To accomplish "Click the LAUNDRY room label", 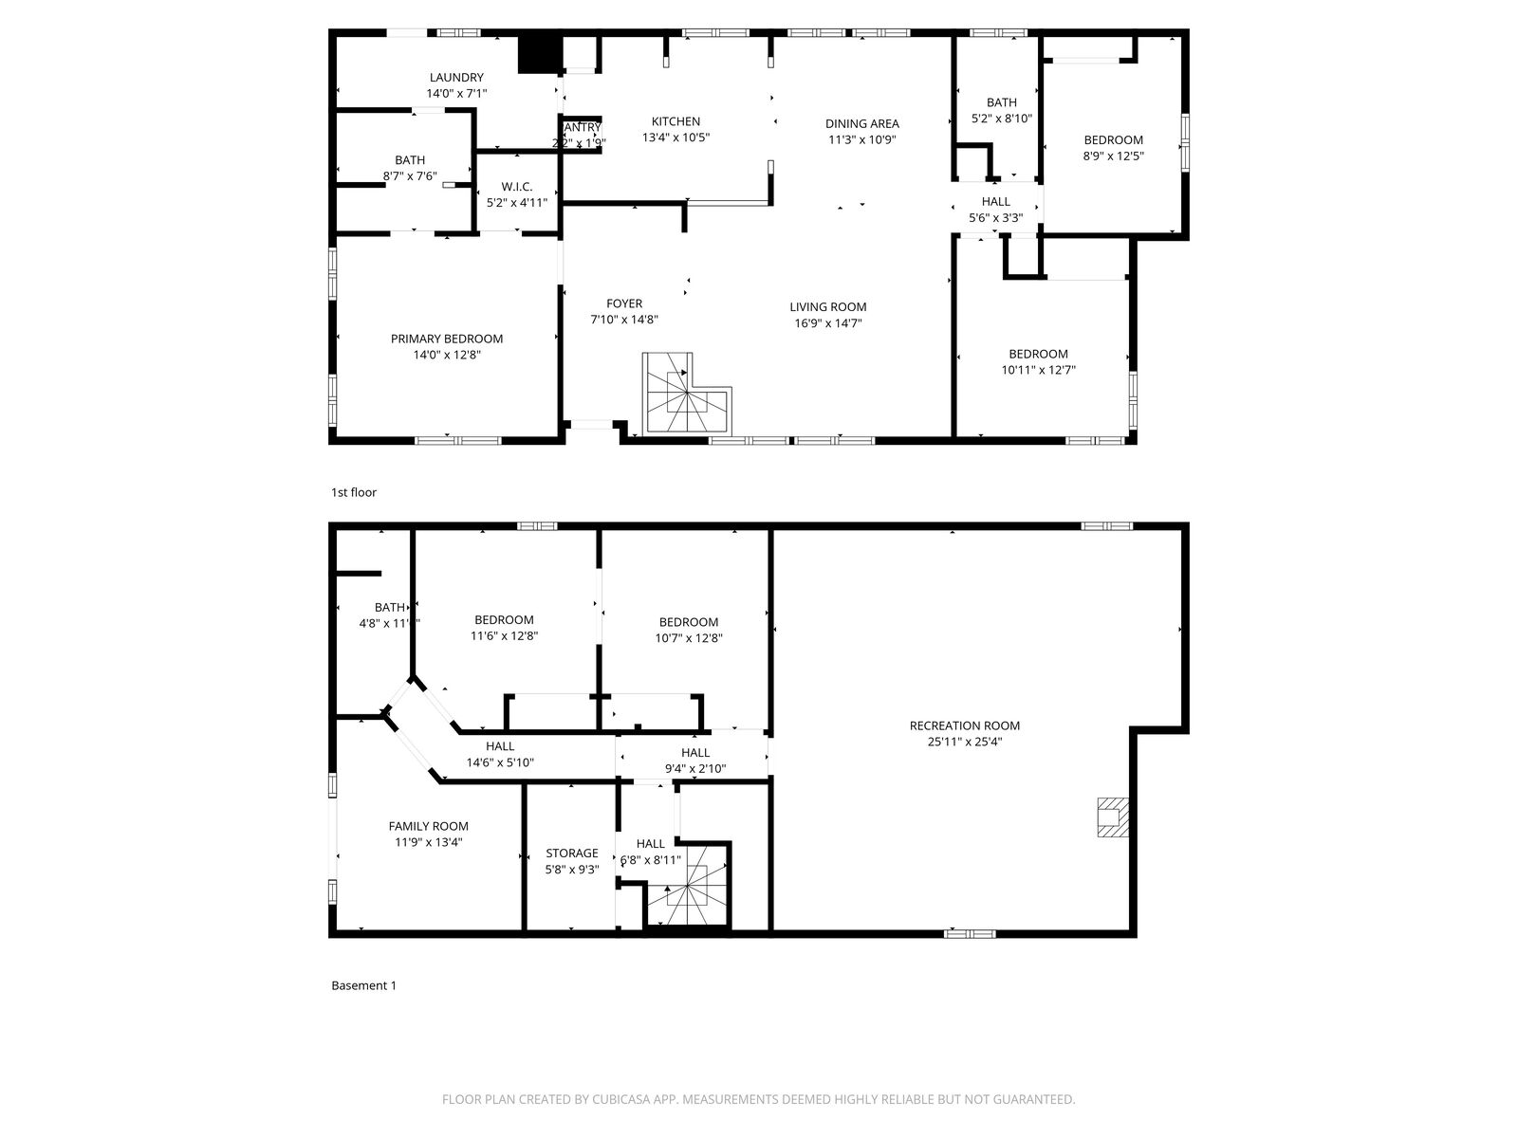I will (456, 78).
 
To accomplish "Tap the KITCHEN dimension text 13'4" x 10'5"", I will (676, 138).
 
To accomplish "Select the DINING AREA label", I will (861, 123).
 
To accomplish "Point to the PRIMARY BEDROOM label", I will (447, 339).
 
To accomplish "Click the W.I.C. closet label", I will (517, 186).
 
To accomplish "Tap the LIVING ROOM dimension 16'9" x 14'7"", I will (828, 323).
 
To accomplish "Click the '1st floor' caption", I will (354, 492).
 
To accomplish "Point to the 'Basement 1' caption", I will (363, 985).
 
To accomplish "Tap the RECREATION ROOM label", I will (964, 725).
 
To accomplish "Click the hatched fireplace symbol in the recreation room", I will (1112, 817).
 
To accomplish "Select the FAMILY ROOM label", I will (428, 826).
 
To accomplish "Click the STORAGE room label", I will (571, 853).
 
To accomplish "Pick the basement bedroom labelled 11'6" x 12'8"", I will (504, 628).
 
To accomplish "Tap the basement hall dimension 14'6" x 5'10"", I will (500, 762).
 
